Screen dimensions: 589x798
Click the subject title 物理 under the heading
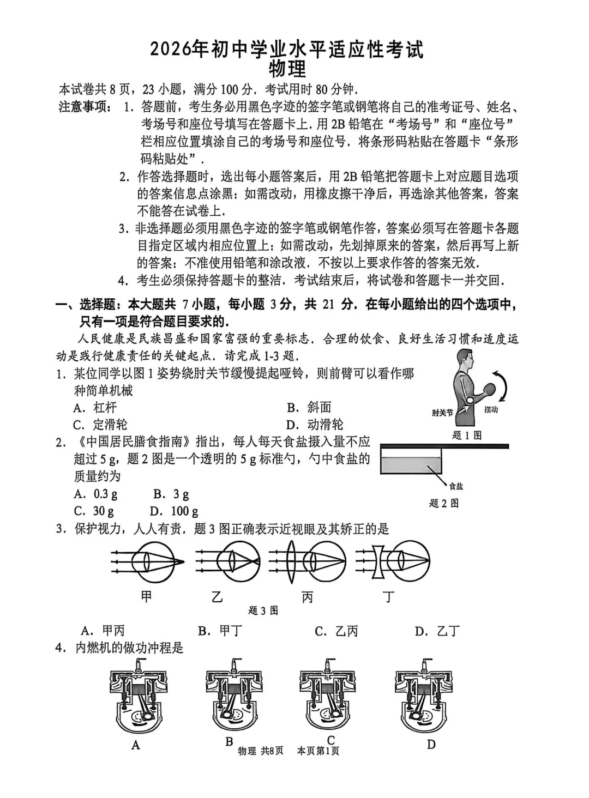click(287, 69)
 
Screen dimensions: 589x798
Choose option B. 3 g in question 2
click(171, 494)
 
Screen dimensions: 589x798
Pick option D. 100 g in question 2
click(174, 511)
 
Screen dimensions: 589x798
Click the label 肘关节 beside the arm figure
click(442, 413)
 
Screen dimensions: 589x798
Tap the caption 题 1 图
click(467, 435)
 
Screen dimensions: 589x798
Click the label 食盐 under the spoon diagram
click(456, 486)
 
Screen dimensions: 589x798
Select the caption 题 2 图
click(443, 503)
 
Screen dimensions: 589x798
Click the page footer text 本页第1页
click(318, 751)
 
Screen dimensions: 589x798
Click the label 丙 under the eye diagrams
click(307, 597)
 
